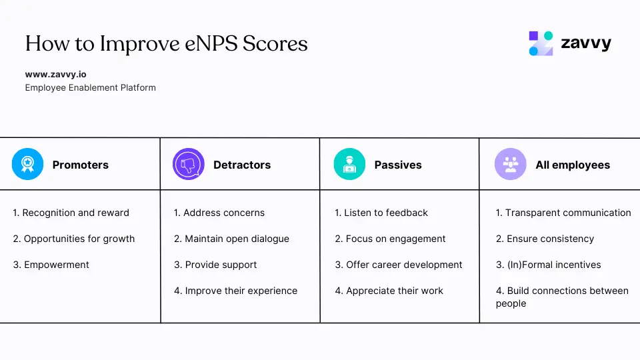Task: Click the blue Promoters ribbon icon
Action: [27, 165]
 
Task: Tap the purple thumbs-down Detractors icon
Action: [188, 165]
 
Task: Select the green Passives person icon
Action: [349, 165]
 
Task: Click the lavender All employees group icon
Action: [511, 165]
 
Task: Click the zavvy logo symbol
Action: [541, 43]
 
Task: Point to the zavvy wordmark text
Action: [585, 43]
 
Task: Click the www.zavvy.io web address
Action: [56, 75]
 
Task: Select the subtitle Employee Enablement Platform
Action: [90, 87]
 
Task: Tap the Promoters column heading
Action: [80, 165]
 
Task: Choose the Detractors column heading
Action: [242, 165]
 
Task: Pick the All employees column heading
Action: [573, 165]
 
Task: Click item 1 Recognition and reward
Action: [71, 213]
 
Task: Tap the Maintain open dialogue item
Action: [232, 239]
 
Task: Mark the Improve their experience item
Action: [236, 291]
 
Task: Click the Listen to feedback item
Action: [381, 213]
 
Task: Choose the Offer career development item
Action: [399, 265]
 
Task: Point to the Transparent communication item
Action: [563, 213]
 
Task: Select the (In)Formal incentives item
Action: [549, 265]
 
